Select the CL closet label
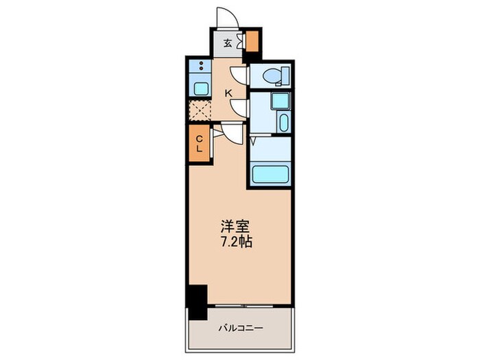pos(200,144)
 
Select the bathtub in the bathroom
pos(270,173)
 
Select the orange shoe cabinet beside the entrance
pos(253,43)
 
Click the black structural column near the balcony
pos(197,302)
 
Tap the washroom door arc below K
pos(239,108)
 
